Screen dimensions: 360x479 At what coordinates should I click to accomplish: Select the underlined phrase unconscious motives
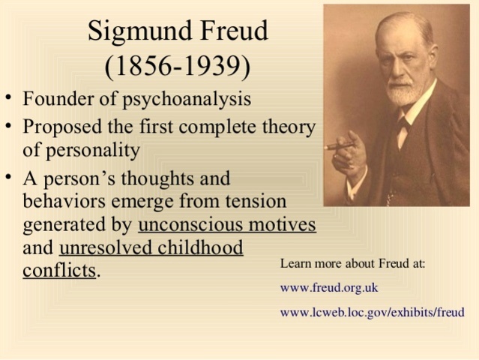[227, 225]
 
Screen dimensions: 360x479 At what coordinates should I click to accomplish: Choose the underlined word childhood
[200, 247]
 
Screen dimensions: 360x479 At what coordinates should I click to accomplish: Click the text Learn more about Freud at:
[352, 264]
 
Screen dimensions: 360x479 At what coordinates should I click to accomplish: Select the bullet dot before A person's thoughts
[8, 179]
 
